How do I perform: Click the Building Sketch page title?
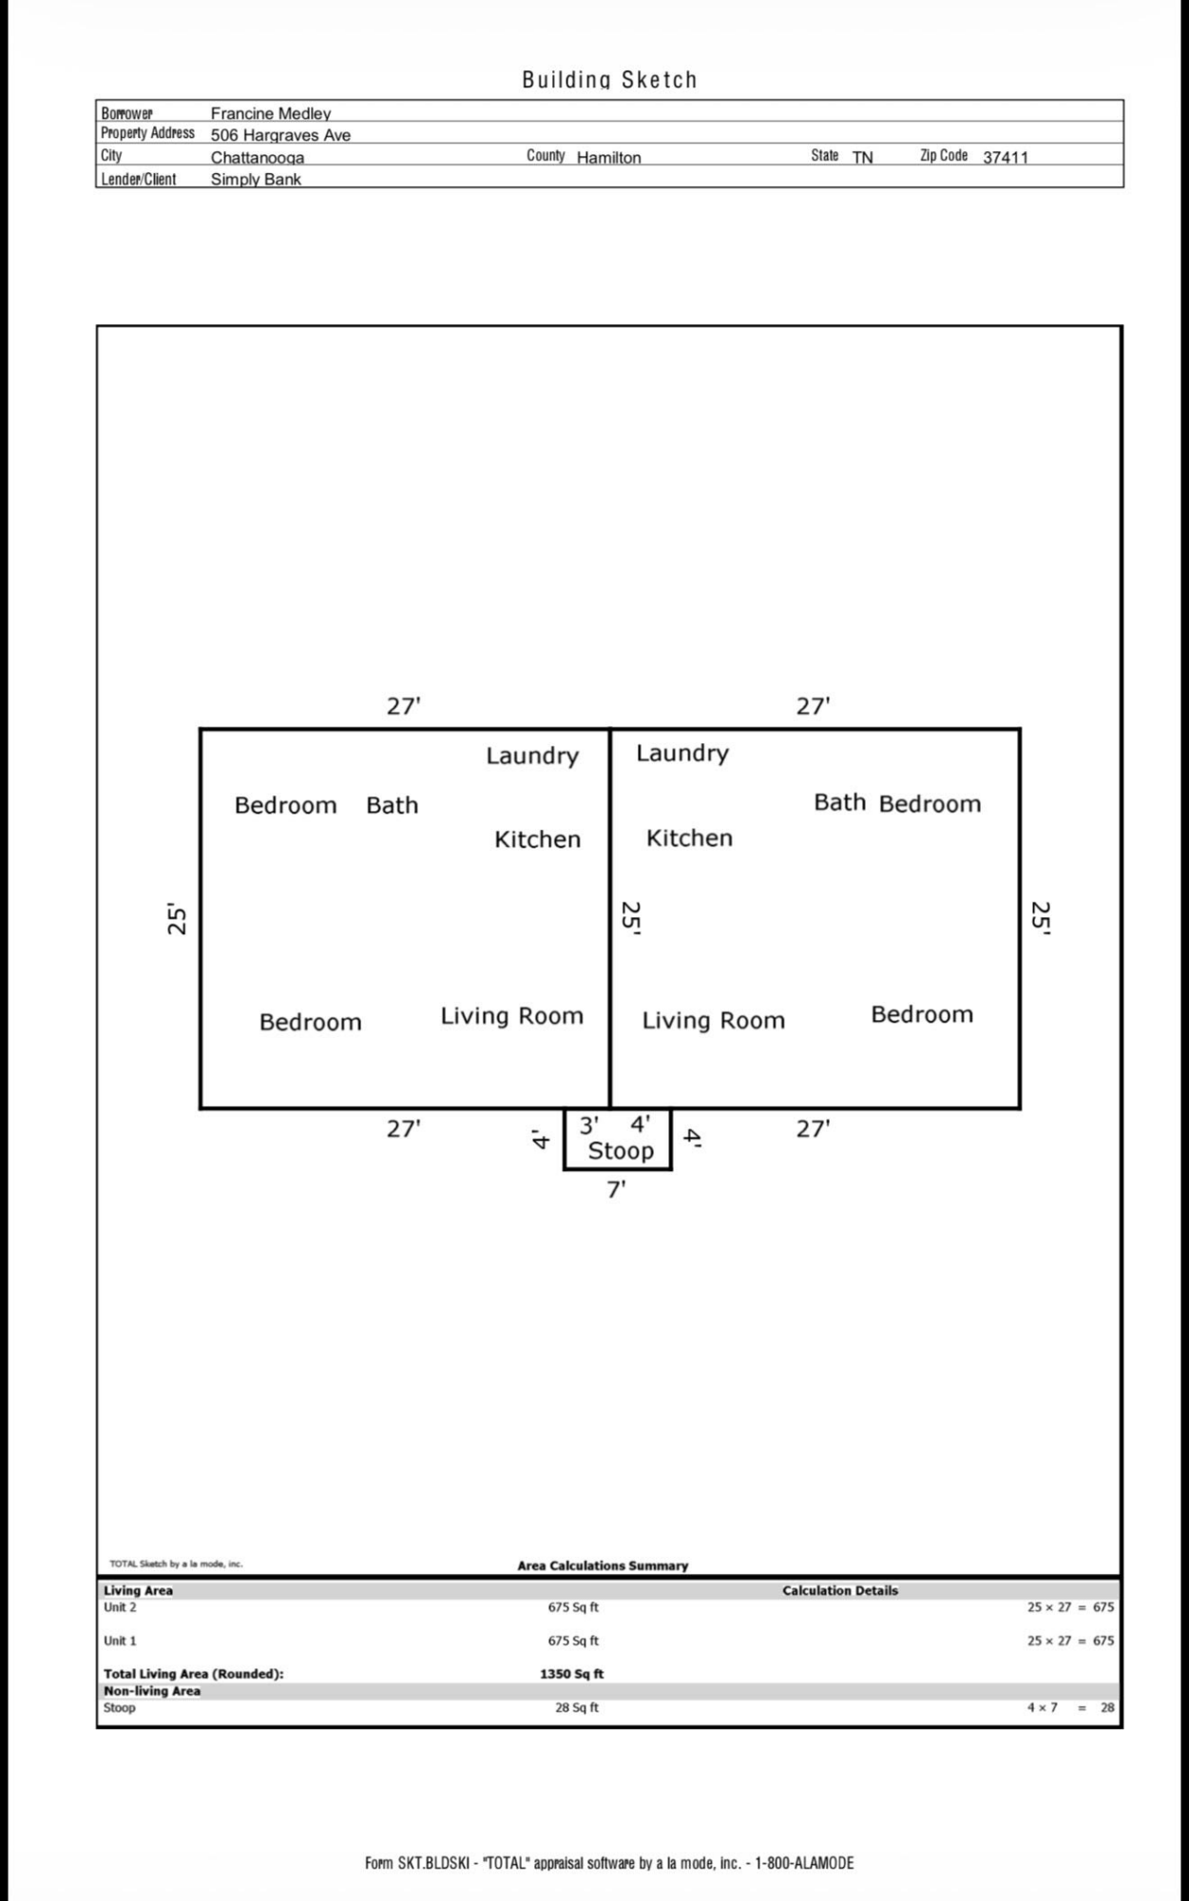[609, 80]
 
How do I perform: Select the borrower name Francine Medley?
[271, 114]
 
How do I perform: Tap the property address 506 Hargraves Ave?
[280, 135]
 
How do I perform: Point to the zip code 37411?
[1006, 158]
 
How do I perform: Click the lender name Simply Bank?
[256, 180]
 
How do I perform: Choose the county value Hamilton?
[608, 158]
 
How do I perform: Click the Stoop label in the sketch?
[621, 1151]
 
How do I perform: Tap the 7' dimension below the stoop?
[616, 1189]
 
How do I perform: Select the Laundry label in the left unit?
[532, 757]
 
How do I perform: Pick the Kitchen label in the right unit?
[689, 838]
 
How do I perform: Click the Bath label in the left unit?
[392, 805]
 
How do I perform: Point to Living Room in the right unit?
[714, 1021]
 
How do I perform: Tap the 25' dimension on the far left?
[177, 918]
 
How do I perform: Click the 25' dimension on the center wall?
[631, 918]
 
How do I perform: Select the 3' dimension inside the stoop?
[589, 1125]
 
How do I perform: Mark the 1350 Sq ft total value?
[571, 1674]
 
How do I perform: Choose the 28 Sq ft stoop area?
[577, 1707]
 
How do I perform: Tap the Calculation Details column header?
[840, 1590]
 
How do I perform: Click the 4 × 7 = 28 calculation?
[1070, 1707]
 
